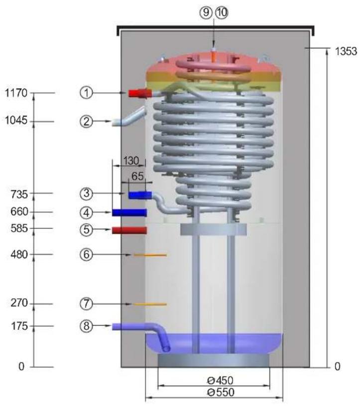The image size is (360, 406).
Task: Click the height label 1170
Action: tap(16, 93)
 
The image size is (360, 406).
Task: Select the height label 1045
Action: tap(16, 121)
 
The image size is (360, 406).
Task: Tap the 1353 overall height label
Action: tap(346, 51)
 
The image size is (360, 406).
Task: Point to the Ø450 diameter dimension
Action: tap(220, 381)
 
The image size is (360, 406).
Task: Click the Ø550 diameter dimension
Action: tap(221, 392)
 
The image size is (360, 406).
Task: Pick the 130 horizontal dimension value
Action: tap(131, 161)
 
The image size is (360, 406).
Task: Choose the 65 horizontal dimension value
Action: tap(137, 176)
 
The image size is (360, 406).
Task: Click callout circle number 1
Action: tap(86, 93)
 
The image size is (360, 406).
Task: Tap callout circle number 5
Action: tap(86, 230)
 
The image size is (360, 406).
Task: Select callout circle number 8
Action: tap(86, 326)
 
